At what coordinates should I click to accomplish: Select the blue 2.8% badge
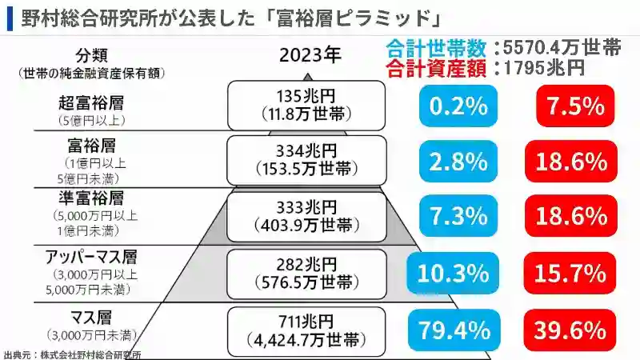tap(457, 161)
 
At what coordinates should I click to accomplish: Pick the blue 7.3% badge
tap(457, 216)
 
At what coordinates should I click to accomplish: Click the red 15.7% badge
tap(571, 273)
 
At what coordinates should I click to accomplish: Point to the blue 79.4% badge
tap(450, 329)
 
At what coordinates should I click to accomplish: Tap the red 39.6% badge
tap(571, 329)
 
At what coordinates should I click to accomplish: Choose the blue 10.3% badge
tap(450, 273)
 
